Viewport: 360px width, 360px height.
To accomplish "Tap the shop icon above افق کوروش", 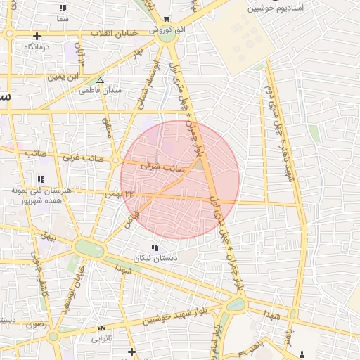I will pyautogui.click(x=166, y=20).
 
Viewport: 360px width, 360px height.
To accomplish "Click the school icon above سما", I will pyautogui.click(x=63, y=8).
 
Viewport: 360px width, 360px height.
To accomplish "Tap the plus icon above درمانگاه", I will pyautogui.click(x=37, y=36).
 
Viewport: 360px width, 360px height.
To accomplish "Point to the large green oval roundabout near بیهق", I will pyautogui.click(x=89, y=249).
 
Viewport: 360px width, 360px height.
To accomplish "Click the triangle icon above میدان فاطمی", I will pyautogui.click(x=100, y=80).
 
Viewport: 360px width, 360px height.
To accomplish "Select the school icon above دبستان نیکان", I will pyautogui.click(x=155, y=247).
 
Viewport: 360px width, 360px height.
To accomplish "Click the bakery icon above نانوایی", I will pyautogui.click(x=102, y=328).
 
